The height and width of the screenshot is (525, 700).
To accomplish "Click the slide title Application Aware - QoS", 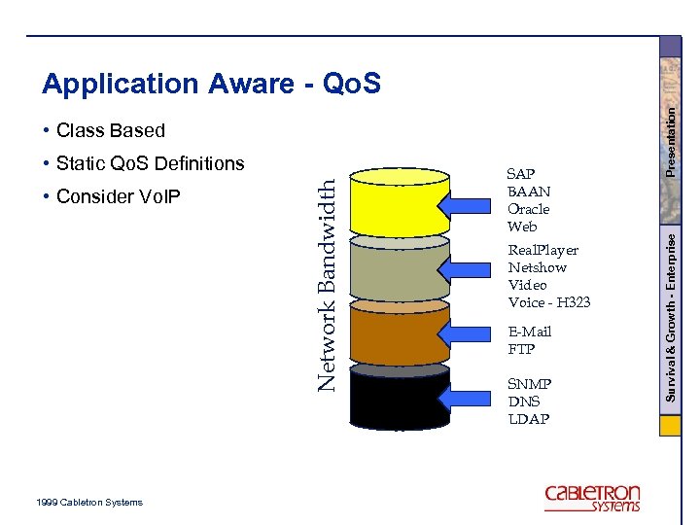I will (x=211, y=85).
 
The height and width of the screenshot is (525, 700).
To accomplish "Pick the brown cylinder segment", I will (x=400, y=335).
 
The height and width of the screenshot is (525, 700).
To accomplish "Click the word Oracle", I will (x=528, y=209).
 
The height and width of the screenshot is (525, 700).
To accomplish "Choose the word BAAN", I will (x=528, y=192).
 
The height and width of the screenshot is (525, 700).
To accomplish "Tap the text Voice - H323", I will (x=548, y=302).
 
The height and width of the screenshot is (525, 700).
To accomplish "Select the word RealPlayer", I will (x=542, y=250).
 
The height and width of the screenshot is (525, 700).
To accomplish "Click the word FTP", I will (x=521, y=349).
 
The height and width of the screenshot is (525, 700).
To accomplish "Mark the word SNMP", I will (x=529, y=384).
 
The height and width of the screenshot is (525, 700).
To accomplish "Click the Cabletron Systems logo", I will (x=592, y=498).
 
